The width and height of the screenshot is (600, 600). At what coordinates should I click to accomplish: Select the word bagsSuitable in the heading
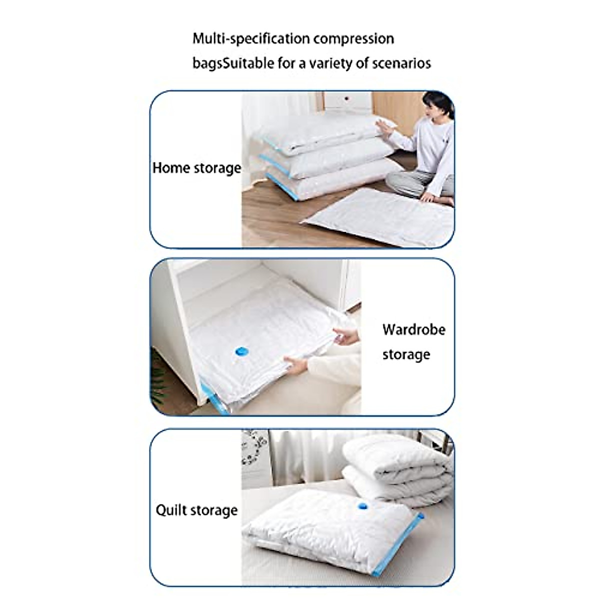(x=233, y=63)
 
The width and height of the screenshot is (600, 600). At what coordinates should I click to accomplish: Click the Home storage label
(x=196, y=167)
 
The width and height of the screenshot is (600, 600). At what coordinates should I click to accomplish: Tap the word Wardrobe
(x=413, y=329)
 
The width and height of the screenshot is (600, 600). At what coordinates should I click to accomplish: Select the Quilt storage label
(x=196, y=510)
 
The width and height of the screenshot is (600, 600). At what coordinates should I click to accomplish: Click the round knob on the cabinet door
(x=344, y=100)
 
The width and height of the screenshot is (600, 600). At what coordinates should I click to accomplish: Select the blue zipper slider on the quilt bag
(x=421, y=516)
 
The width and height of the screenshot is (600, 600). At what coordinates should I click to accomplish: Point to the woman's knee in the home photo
(x=397, y=179)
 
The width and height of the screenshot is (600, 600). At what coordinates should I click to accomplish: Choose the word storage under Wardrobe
(x=406, y=354)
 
